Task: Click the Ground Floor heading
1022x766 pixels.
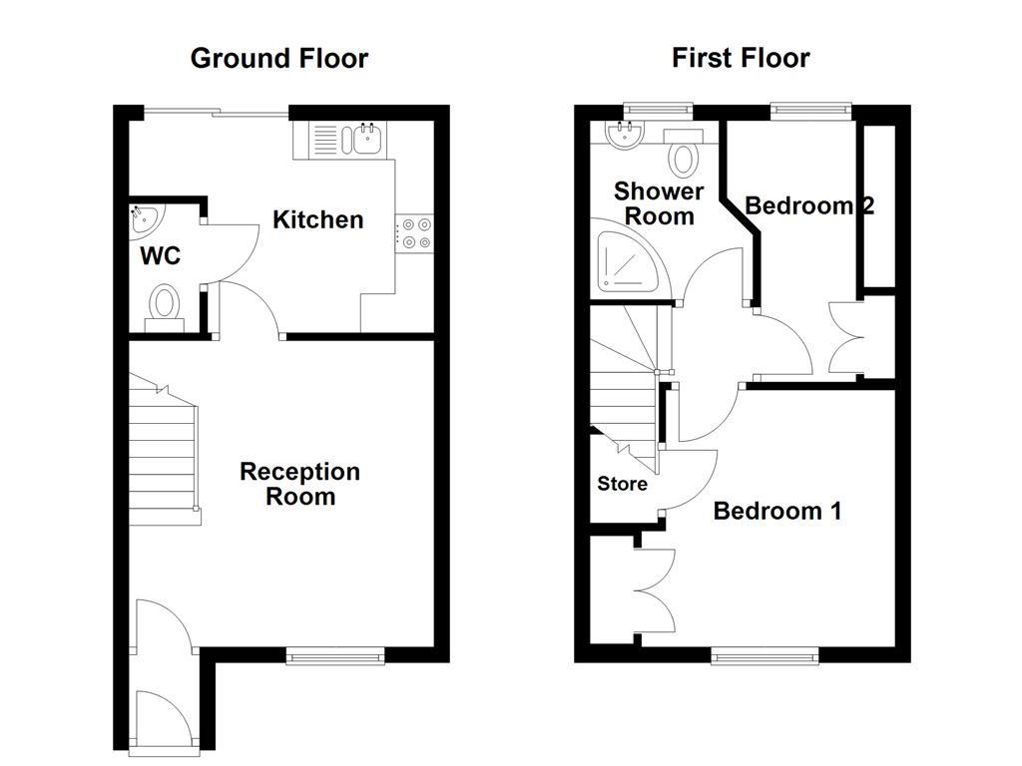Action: (x=279, y=59)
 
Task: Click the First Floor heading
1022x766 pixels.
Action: (x=741, y=58)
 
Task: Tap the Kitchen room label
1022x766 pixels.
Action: (x=317, y=219)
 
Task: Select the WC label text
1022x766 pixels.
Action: (x=161, y=256)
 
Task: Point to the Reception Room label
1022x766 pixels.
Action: (x=299, y=484)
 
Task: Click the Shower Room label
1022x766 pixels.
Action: (x=659, y=203)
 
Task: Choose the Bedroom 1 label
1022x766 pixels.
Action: (x=777, y=511)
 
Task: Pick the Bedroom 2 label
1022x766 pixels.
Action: (x=809, y=205)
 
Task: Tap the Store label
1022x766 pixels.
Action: (x=623, y=484)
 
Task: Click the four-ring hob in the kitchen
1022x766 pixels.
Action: (x=414, y=233)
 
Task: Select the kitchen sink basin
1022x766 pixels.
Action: (x=367, y=139)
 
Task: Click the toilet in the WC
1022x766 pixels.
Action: (x=165, y=308)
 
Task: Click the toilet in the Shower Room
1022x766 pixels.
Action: (x=683, y=153)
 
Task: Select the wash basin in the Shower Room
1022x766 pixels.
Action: (x=624, y=135)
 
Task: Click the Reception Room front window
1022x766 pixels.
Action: (x=335, y=656)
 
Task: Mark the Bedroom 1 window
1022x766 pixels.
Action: (x=765, y=655)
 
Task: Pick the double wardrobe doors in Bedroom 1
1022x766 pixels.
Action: (x=655, y=590)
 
